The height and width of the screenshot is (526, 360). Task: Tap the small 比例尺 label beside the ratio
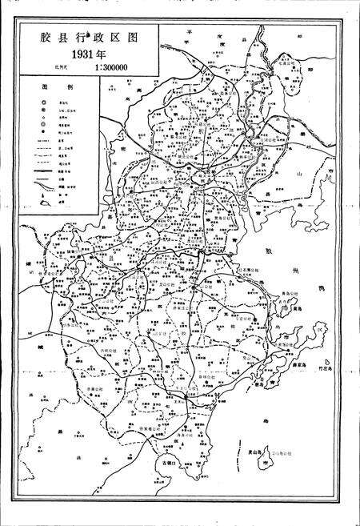(x=62, y=69)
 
